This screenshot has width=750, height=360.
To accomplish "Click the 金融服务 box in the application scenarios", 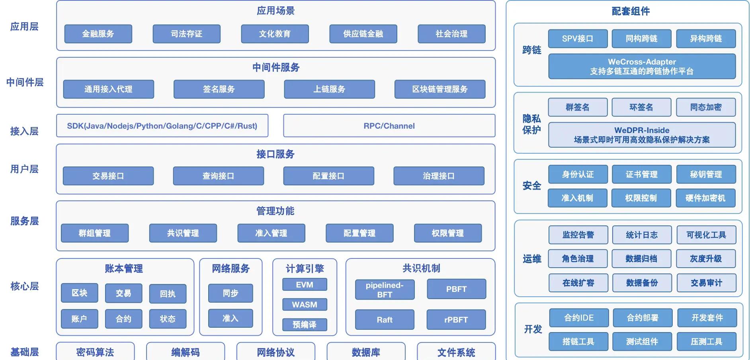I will pyautogui.click(x=98, y=34).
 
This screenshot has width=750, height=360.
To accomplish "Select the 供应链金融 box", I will pyautogui.click(x=363, y=34).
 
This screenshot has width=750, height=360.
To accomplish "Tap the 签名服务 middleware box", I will pyautogui.click(x=219, y=89).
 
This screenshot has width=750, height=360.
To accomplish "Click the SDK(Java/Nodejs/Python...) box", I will pyautogui.click(x=162, y=126).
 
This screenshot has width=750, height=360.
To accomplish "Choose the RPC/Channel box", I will pyautogui.click(x=389, y=126).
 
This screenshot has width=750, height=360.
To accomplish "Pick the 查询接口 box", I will pyautogui.click(x=218, y=176).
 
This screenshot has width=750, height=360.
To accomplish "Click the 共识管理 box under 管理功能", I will pyautogui.click(x=183, y=233).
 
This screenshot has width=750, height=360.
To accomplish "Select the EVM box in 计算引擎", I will pyautogui.click(x=305, y=285).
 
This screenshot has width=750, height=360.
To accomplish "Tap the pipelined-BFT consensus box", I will pyautogui.click(x=385, y=290).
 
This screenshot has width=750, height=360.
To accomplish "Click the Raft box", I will pyautogui.click(x=385, y=319).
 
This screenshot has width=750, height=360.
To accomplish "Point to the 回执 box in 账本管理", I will pyautogui.click(x=168, y=294).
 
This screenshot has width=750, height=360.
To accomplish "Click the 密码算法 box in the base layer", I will pyautogui.click(x=95, y=352).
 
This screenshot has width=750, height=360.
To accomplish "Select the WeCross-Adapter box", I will pyautogui.click(x=642, y=67).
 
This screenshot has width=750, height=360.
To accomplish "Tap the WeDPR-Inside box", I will pyautogui.click(x=642, y=135).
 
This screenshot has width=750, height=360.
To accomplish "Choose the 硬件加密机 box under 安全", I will pyautogui.click(x=705, y=198).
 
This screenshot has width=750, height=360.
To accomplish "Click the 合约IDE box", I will pyautogui.click(x=579, y=318).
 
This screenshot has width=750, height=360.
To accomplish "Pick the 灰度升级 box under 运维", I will pyautogui.click(x=706, y=259).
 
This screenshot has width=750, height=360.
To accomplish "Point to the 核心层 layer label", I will pyautogui.click(x=25, y=286).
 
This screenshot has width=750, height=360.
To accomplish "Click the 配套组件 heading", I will pyautogui.click(x=631, y=11).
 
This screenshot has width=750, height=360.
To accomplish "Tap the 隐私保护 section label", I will pyautogui.click(x=531, y=124).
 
